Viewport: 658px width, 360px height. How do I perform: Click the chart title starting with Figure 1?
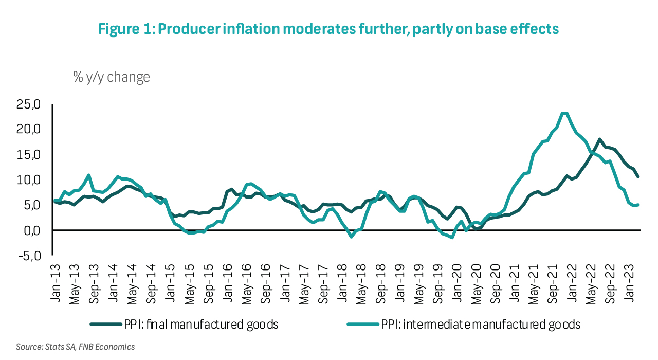click(x=328, y=29)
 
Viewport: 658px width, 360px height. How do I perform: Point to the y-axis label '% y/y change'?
click(x=112, y=77)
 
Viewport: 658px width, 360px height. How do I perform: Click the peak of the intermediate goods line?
click(x=564, y=113)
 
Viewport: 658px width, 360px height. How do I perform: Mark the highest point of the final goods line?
click(x=600, y=139)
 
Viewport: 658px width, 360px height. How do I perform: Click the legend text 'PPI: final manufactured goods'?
click(x=201, y=325)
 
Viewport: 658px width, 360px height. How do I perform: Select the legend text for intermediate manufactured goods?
click(x=481, y=325)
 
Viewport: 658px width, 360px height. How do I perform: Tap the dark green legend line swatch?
click(x=105, y=325)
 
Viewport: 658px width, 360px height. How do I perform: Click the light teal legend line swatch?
click(x=363, y=325)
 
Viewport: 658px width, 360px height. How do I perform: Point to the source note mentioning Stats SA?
click(x=76, y=347)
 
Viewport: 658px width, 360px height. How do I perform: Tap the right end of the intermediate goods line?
click(x=638, y=205)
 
